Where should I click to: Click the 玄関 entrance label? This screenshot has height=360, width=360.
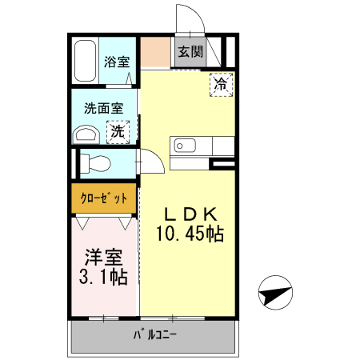click(190, 52)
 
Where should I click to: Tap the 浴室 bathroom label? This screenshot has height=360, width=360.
click(118, 61)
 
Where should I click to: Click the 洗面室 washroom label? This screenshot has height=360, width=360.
click(105, 109)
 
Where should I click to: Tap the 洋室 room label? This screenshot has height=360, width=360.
click(105, 258)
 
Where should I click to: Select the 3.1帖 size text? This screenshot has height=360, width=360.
click(105, 278)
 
